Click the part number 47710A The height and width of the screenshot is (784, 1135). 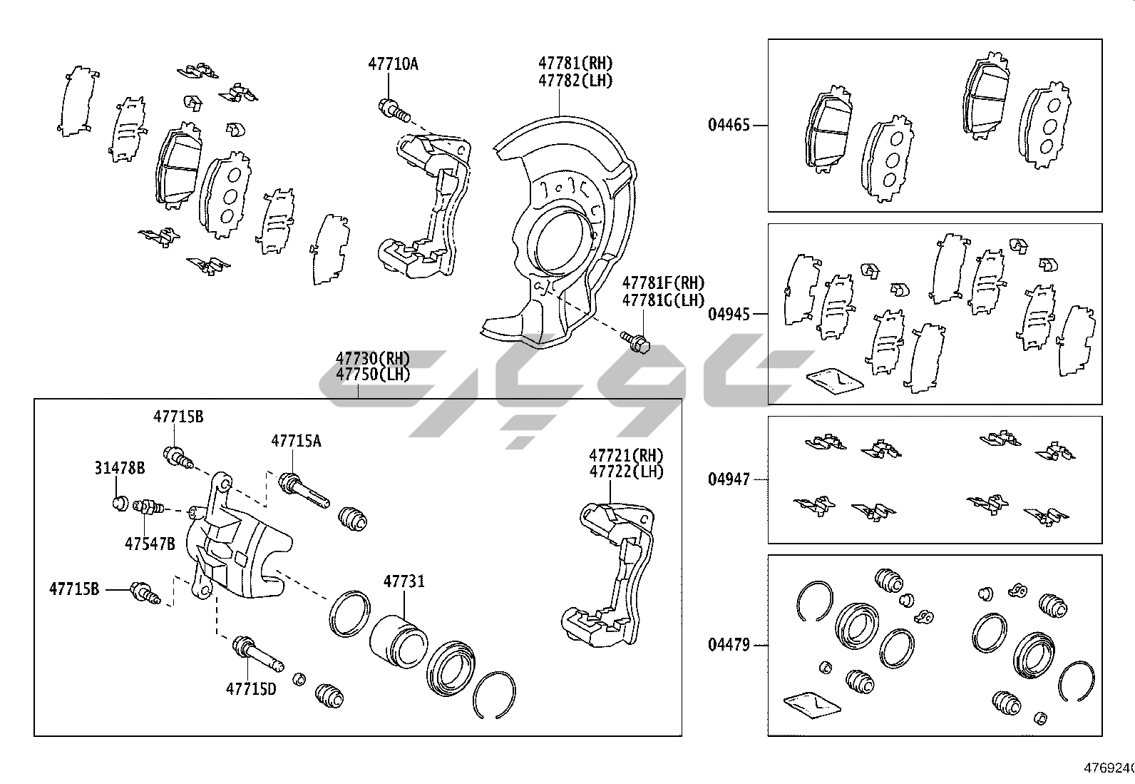pos(393,64)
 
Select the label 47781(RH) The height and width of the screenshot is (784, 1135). pos(575,63)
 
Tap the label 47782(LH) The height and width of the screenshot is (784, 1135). pos(575,81)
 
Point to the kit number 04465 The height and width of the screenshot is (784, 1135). pos(729,126)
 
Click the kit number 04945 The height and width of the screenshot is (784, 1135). pos(729,314)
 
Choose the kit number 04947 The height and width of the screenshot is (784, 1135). pos(729,479)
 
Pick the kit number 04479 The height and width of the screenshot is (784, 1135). pos(729,645)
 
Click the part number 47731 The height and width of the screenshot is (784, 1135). pos(404,581)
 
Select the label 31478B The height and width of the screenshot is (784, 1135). pos(120,468)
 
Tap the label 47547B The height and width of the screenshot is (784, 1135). pos(150,544)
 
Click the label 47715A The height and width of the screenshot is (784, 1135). pos(296,441)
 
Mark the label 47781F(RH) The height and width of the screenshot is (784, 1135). pos(663,283)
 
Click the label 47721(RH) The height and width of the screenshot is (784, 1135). pos(626,455)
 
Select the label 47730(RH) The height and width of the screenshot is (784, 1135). pos(373,358)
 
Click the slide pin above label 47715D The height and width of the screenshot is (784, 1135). pos(257,653)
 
